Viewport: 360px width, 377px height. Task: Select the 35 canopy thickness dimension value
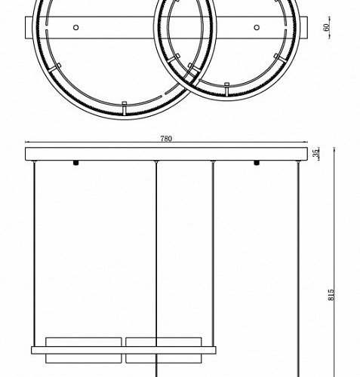point(318,153)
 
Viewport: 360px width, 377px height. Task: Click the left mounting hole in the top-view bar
point(75,28)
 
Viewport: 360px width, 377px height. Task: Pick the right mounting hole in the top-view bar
point(257,28)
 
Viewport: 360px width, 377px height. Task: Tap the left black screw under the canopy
point(75,162)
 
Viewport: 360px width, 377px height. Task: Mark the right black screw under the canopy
point(257,162)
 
